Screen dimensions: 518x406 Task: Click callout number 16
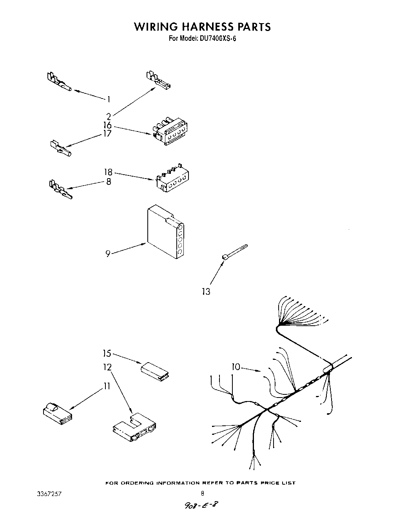(x=107, y=126)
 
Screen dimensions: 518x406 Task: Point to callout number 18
(x=108, y=172)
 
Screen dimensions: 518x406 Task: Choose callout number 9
(x=108, y=254)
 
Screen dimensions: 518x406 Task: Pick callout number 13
(x=206, y=292)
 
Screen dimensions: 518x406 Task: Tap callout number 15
(x=107, y=353)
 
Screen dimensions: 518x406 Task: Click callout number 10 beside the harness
(x=236, y=367)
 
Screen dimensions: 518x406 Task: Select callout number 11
(x=106, y=386)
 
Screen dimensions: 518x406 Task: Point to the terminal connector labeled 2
(x=158, y=80)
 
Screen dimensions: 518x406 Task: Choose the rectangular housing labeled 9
(x=165, y=233)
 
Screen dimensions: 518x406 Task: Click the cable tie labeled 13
(x=234, y=252)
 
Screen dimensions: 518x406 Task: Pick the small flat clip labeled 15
(x=154, y=371)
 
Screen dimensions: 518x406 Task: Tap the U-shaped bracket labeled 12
(x=134, y=429)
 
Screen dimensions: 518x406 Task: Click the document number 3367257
(x=49, y=492)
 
